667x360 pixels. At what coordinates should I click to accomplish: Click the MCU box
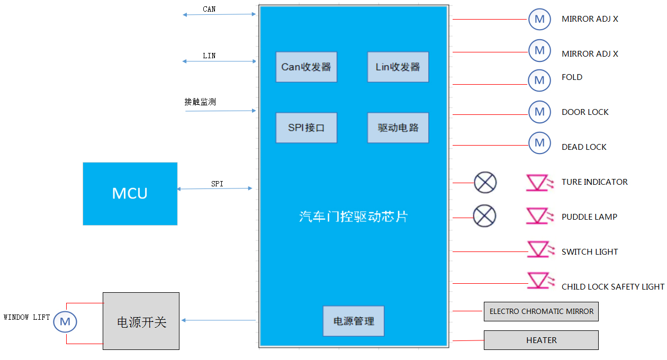[x=130, y=194]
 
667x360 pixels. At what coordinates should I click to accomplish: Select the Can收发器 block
[x=306, y=67]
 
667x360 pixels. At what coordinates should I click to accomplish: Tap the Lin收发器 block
[x=398, y=67]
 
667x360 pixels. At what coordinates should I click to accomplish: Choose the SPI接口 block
[x=306, y=128]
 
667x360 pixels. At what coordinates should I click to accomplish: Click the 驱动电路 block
[x=398, y=128]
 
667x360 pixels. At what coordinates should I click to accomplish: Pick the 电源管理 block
[x=353, y=321]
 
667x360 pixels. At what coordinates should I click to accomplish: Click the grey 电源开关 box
[x=141, y=321]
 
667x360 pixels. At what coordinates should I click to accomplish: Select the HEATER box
[x=541, y=340]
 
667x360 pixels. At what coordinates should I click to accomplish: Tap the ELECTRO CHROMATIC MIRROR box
[x=541, y=311]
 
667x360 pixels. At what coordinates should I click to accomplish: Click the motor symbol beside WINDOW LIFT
[x=65, y=322]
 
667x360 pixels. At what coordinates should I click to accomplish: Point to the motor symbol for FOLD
[x=539, y=80]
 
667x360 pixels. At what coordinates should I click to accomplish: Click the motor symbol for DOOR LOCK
[x=539, y=112]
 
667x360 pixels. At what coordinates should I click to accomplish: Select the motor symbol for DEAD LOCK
[x=539, y=143]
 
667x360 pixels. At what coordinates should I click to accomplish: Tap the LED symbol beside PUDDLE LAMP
[x=539, y=216]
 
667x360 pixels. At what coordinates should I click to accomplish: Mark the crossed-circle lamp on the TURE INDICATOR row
[x=485, y=183]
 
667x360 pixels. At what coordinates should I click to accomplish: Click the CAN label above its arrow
[x=209, y=10]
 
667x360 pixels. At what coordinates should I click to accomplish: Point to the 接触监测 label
[x=200, y=102]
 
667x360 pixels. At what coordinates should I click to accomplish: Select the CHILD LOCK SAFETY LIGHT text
[x=612, y=287]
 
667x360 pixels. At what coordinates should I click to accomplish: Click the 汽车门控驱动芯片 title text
[x=353, y=217]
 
